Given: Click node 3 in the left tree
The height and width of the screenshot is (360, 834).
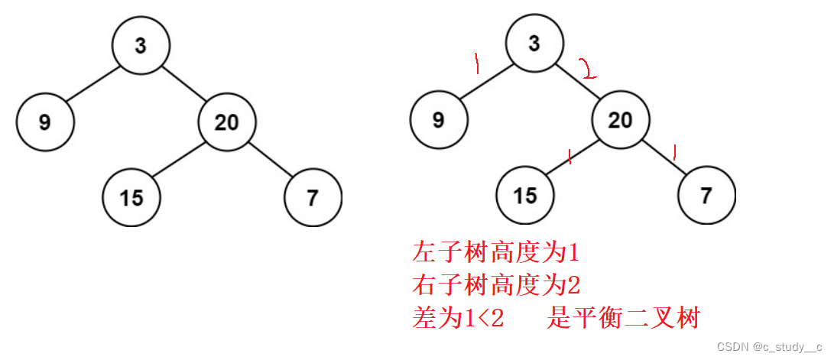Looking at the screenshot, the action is click(141, 46).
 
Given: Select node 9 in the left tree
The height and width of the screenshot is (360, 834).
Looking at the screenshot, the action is click(45, 122).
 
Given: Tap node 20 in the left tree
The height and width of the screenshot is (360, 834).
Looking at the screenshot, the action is click(227, 122).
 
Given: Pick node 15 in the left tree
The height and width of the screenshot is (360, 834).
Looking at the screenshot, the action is click(132, 197).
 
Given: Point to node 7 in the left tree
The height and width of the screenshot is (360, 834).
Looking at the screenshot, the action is click(313, 197).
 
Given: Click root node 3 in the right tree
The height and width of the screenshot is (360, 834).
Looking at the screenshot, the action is click(534, 44).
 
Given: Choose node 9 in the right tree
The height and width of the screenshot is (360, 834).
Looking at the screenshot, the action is click(438, 120).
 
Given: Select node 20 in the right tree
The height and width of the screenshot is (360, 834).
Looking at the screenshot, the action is click(620, 120).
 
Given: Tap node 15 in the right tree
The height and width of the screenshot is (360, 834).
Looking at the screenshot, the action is click(525, 196).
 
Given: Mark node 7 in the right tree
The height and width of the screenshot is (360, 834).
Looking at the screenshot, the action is click(706, 196).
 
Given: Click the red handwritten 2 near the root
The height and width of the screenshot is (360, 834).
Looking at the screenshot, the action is click(588, 70).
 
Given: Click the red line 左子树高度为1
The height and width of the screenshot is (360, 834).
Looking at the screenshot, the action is click(497, 251).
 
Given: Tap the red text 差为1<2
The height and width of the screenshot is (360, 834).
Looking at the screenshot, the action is click(458, 319).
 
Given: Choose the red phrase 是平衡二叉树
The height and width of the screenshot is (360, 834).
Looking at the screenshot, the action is click(623, 319).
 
